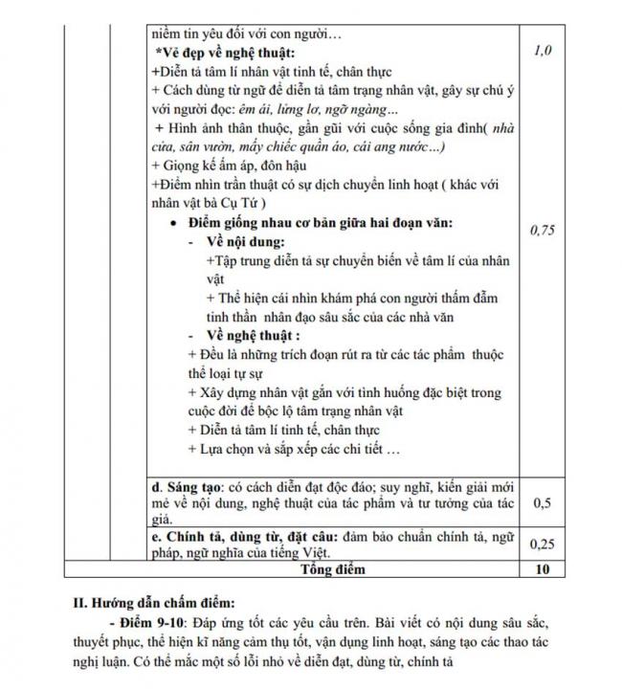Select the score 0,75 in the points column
coord(543,231)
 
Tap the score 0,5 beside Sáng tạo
coord(542,501)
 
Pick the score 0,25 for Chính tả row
coord(542,544)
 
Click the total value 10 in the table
coord(542,569)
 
